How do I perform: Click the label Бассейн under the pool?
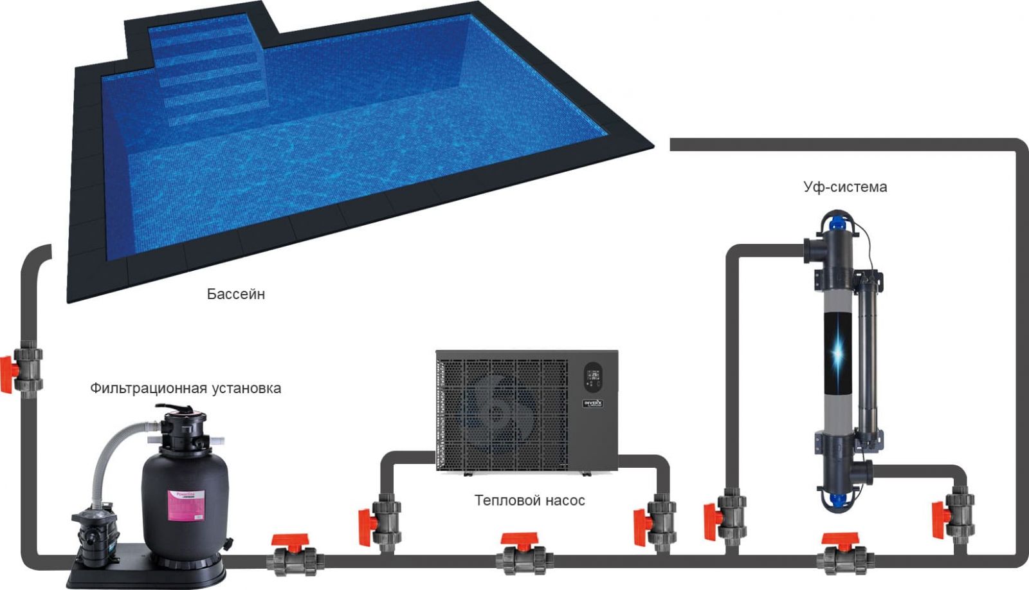235,294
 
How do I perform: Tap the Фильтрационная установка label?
185,388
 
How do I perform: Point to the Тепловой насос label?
529,501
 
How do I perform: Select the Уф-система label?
844,187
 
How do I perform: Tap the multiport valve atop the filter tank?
184,429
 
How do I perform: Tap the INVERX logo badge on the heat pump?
592,403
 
